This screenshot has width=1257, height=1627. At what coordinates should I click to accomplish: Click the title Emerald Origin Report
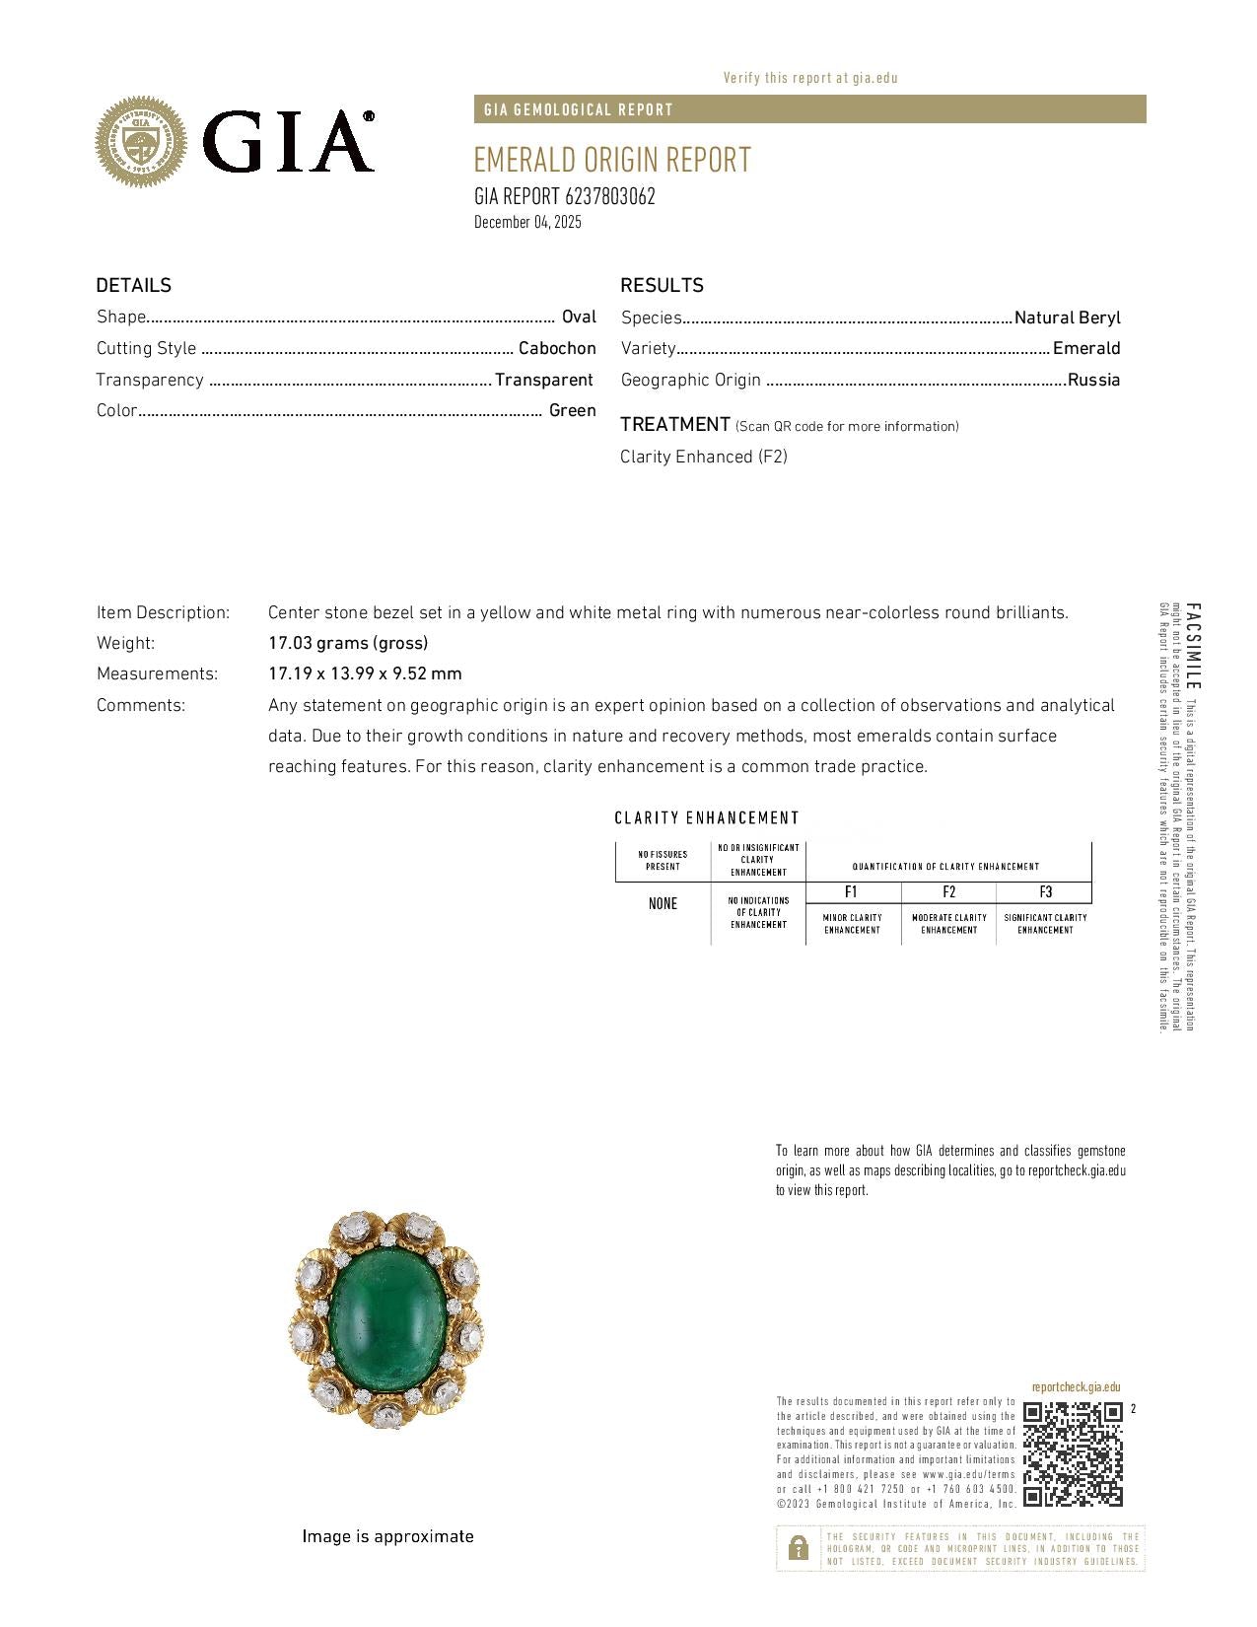coord(612,160)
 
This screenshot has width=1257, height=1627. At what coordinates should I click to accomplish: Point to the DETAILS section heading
coord(133,285)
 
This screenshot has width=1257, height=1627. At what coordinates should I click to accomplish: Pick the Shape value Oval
coord(579,317)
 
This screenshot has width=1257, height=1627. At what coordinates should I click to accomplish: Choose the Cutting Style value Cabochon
coord(557,348)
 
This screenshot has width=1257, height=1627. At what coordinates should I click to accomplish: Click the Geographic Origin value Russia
coord(1093,380)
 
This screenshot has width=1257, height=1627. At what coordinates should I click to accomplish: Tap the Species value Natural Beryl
coord(1067,318)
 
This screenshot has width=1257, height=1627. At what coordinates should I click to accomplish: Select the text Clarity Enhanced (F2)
coord(703,457)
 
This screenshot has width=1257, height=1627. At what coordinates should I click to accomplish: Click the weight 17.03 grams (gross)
coord(348,643)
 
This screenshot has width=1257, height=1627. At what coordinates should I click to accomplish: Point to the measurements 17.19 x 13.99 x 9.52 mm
coord(365,673)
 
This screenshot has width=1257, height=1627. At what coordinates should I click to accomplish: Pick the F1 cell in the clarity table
coord(852,892)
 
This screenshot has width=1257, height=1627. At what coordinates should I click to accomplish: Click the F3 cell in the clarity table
coord(1045,892)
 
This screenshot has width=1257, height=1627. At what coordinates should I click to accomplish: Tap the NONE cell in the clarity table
coord(663,903)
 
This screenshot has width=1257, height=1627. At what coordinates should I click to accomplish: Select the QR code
coord(1073,1454)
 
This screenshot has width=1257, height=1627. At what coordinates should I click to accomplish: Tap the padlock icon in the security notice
coord(798,1548)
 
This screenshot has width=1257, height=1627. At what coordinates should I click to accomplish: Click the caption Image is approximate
coord(387,1536)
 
